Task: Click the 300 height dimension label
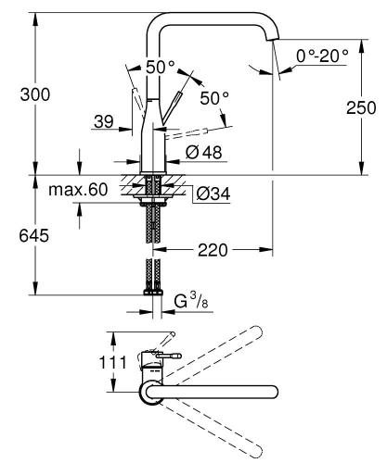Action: pos(34,95)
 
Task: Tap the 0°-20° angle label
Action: pos(322,56)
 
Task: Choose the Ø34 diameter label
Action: pos(212,194)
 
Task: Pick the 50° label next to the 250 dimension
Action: pos(213,98)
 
